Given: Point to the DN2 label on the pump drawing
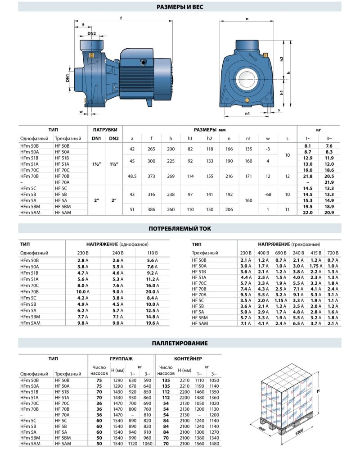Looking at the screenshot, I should tap(91, 33).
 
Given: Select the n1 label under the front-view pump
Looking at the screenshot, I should tap(247, 114).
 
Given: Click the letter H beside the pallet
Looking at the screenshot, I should tap(318, 391).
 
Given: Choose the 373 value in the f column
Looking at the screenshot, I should tap(152, 176).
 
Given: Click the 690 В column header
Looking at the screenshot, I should tap(280, 253).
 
